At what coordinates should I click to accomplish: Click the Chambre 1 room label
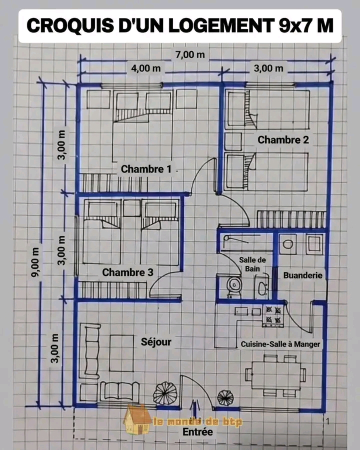pos(146,169)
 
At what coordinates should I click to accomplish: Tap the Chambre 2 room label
pos(283,140)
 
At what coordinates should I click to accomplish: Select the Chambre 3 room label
pos(128,272)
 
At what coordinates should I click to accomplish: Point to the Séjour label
pos(156,342)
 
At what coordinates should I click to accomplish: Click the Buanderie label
pos(302,275)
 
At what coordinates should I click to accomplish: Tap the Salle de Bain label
pos(252,264)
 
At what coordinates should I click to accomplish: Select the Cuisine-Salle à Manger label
pos(280,344)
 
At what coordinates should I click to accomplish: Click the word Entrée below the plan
pos(198,431)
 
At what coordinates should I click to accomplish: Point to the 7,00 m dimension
pos(190,54)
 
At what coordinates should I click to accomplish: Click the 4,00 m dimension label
pos(146,68)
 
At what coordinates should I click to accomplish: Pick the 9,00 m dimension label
pos(35,262)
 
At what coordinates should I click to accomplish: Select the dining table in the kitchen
pos(276,375)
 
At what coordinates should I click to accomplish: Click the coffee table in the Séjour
pos(121,353)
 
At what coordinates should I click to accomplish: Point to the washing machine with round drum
pos(288,244)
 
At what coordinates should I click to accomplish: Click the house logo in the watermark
pos(137,419)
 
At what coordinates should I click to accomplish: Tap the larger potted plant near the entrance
pos(165,393)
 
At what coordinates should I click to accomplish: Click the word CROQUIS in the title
pos(70,25)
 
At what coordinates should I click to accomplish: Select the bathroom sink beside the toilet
pos(262,287)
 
